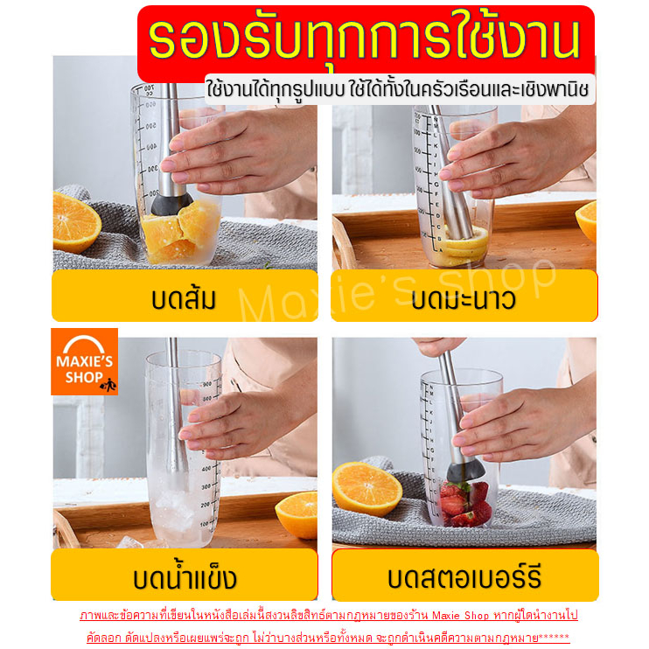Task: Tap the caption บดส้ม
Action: coord(184,298)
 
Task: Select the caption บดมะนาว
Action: coord(464,298)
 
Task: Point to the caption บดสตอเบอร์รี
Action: coord(464,577)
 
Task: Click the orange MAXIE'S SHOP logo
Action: coord(85,361)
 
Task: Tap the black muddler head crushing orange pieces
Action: coord(171,204)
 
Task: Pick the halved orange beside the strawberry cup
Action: coord(367,489)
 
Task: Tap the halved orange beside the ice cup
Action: coord(297,515)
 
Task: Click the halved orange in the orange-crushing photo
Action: coord(77,223)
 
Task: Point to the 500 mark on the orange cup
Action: coord(148,126)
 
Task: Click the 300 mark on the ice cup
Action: coord(206,486)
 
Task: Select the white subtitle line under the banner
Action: coord(397,89)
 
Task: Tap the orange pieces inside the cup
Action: coord(180,232)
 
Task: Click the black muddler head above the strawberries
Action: coord(465,471)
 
